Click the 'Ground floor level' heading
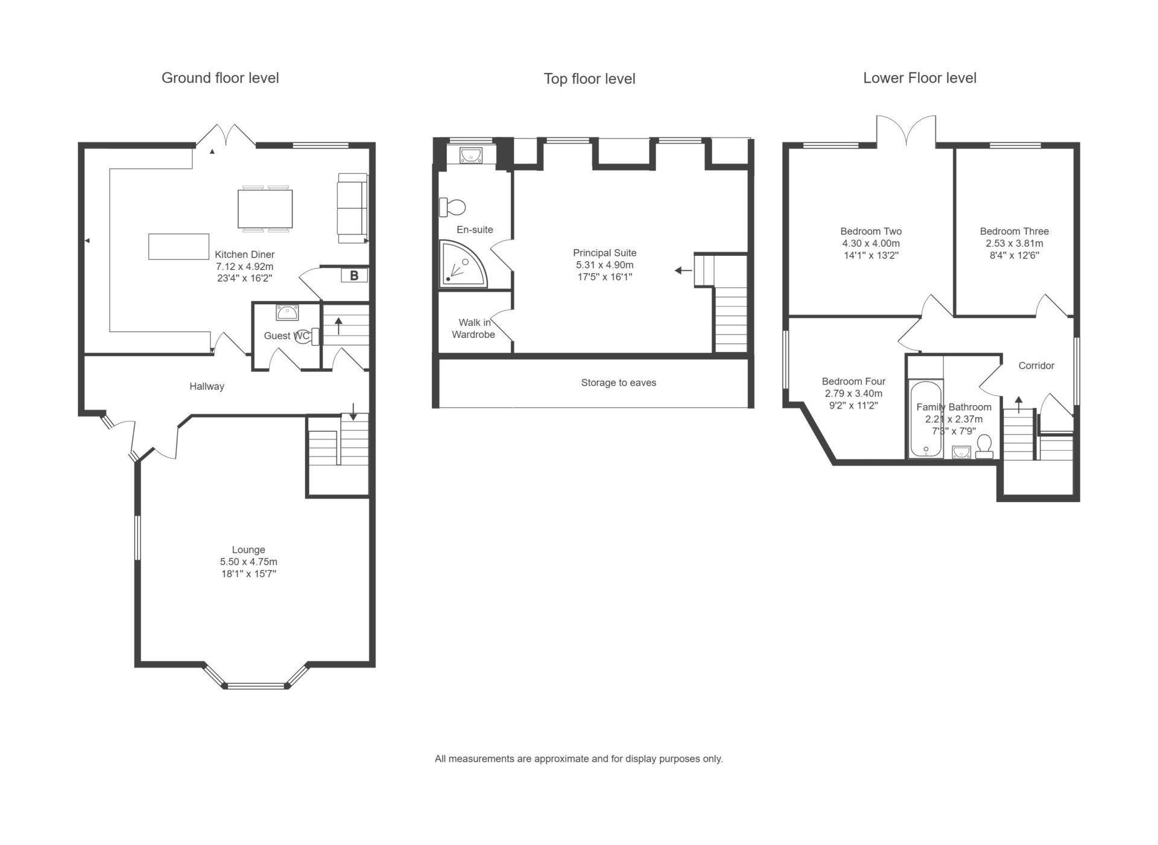[220, 78]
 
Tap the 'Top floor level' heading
[589, 79]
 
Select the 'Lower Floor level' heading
[920, 78]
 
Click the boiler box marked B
[354, 275]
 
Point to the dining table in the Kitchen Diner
[265, 208]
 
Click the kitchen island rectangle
[179, 246]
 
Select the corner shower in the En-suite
[462, 263]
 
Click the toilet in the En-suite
[452, 207]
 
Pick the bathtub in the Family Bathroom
[925, 418]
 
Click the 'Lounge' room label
[248, 550]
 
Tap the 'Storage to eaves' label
[619, 383]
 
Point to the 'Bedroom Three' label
[1014, 231]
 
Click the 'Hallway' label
[207, 386]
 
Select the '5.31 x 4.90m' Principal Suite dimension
[605, 265]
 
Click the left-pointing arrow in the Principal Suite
[683, 270]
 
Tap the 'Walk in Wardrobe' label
[474, 328]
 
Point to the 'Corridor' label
[1036, 366]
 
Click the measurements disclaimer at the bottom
[579, 759]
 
